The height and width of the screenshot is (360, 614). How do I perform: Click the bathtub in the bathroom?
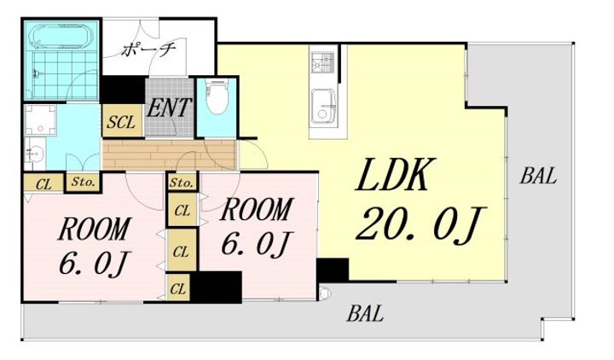coord(63,38)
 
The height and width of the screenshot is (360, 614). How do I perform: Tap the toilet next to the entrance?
coord(217,97)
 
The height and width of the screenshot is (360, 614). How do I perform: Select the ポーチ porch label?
coord(148,49)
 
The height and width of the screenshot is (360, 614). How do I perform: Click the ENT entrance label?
coord(169,107)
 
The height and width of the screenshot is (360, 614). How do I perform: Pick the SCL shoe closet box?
coord(123,120)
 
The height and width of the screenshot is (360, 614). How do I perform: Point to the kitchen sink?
coord(323,107)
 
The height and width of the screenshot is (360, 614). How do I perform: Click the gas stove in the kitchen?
coord(322,62)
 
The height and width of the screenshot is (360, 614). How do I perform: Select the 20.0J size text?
coord(421,224)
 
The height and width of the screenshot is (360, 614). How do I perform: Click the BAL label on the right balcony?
coord(538,176)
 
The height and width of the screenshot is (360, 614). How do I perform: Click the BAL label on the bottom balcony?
coord(365,313)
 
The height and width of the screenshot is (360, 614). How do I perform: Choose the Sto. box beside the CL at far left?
coord(84,183)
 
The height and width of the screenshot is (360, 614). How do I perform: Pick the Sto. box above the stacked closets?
coord(182,183)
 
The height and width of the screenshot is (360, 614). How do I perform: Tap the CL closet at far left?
coord(43,183)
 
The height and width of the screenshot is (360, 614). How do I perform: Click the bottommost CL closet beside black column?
coord(178,288)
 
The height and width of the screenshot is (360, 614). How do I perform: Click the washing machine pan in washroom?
coord(40,119)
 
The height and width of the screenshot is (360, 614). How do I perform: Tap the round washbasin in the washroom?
coord(35,154)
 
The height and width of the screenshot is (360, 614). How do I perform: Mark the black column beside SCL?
coord(123,90)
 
